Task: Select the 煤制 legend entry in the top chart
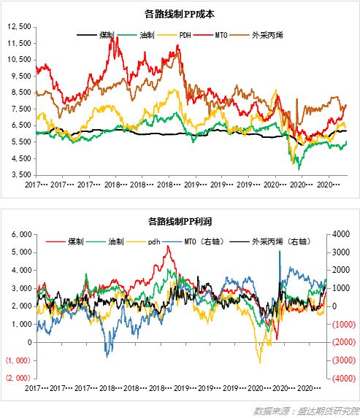click(98, 34)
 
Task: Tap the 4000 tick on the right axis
click(340, 234)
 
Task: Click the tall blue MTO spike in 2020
click(279, 252)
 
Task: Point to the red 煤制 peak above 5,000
click(169, 248)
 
